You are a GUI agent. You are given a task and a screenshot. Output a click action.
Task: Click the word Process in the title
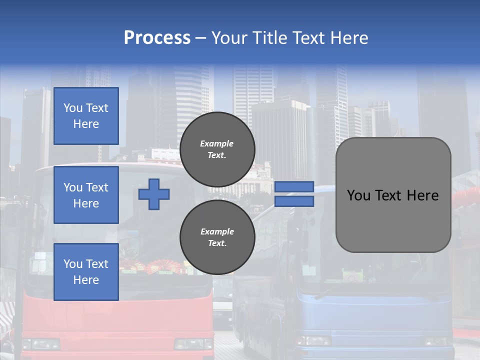(x=157, y=38)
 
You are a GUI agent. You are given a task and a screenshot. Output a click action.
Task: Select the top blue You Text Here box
(x=86, y=116)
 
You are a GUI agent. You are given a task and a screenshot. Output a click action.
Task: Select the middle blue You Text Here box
(x=86, y=195)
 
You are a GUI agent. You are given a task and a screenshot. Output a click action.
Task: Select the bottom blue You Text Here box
(x=86, y=272)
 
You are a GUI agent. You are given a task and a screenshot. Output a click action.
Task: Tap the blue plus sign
(x=154, y=194)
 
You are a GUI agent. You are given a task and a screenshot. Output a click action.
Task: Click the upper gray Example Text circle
(x=217, y=149)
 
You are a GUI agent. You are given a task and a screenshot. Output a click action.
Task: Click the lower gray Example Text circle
(x=217, y=237)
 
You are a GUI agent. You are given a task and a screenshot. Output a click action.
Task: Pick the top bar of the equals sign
(x=294, y=186)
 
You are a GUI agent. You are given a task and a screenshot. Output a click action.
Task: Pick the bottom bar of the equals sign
(x=294, y=201)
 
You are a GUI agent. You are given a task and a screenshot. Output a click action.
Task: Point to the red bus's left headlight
(x=41, y=344)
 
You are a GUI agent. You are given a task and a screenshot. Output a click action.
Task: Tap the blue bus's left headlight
(x=313, y=341)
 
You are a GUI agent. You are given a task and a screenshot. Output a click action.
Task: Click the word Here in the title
(x=349, y=38)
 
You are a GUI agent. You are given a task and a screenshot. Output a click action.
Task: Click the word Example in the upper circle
(x=216, y=143)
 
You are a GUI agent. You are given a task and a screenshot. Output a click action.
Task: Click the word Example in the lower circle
(x=217, y=231)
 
